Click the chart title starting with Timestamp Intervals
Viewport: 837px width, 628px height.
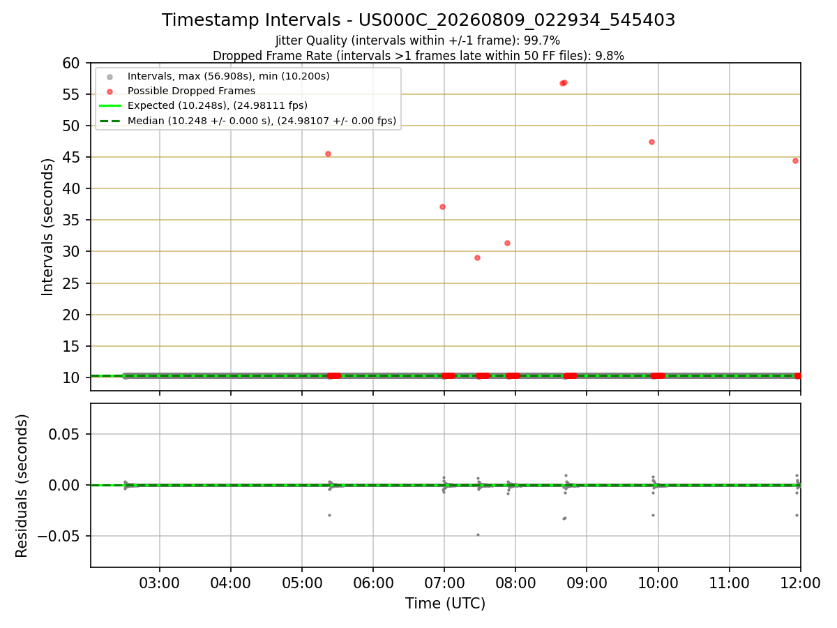click(418, 20)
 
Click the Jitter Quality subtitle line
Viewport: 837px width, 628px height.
click(418, 40)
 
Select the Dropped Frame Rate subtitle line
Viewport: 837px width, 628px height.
click(418, 56)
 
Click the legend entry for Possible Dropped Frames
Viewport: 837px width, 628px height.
click(191, 91)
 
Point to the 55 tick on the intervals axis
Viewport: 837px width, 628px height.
click(70, 95)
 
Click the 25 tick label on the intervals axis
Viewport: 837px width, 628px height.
click(70, 283)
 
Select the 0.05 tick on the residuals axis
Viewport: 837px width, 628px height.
click(63, 434)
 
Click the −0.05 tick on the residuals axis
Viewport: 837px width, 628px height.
click(58, 536)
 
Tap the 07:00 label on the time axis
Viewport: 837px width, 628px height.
click(444, 583)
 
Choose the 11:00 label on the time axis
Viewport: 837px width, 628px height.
click(729, 583)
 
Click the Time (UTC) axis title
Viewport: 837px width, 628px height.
click(445, 604)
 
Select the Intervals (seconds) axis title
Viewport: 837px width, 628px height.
click(47, 227)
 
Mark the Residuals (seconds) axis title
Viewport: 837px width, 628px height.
click(22, 486)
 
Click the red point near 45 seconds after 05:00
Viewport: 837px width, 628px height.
click(328, 154)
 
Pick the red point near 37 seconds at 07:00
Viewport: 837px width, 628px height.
click(442, 207)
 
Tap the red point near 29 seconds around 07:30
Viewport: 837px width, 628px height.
click(477, 258)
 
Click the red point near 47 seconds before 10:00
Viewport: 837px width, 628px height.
click(651, 142)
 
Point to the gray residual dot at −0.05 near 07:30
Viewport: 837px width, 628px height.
click(478, 535)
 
